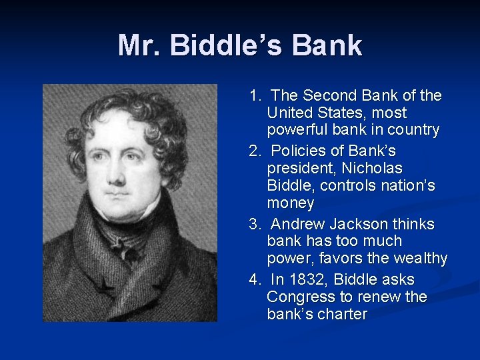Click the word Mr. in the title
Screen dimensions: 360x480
139,45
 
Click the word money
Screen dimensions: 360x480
290,202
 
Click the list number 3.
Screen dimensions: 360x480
254,224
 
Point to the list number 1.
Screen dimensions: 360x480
254,96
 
